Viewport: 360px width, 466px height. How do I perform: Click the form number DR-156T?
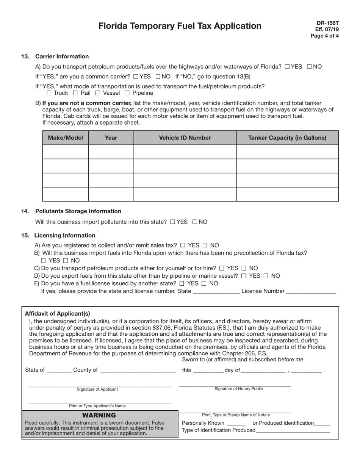point(328,23)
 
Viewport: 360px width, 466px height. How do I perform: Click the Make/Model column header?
point(65,138)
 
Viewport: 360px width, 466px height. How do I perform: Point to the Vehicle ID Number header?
point(185,138)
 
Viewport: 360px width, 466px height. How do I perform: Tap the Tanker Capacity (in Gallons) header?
point(287,138)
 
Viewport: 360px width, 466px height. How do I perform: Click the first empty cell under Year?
point(111,152)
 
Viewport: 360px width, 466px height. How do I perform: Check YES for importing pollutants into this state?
point(173,222)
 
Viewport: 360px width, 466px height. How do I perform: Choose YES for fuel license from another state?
point(182,283)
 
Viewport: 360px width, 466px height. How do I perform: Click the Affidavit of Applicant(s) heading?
point(57,313)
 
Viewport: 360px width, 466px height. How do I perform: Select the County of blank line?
point(138,371)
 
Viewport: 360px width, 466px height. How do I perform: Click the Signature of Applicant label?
point(97,389)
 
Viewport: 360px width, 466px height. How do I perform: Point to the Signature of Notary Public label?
point(238,389)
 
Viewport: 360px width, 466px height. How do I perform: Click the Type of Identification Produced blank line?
point(293,431)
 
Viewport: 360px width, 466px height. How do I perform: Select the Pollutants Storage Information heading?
point(78,211)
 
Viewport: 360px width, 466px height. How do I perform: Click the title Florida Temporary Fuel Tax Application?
point(180,26)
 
